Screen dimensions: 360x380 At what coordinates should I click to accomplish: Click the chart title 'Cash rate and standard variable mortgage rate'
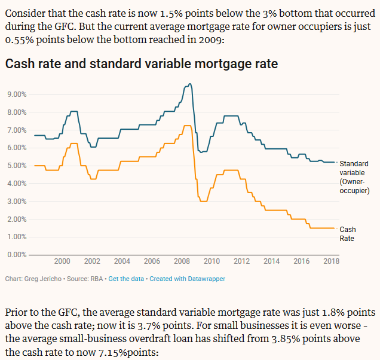tap(141, 64)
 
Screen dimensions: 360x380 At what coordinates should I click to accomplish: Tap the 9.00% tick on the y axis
tap(16, 94)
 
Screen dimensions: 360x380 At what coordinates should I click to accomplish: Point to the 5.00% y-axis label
tap(16, 166)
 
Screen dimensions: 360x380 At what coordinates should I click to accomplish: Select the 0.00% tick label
tap(16, 255)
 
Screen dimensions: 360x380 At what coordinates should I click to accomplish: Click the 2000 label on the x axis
tap(62, 261)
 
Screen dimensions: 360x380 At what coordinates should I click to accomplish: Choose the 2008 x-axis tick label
tap(182, 261)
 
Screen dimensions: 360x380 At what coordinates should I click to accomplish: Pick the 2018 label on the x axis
tap(331, 261)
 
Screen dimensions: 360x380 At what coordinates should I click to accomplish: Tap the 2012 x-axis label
tap(241, 261)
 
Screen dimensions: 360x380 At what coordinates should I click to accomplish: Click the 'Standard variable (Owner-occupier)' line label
tap(354, 177)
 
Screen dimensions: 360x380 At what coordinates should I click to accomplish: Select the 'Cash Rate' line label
tap(348, 234)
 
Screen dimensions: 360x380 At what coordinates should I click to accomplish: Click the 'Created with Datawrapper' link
tap(187, 279)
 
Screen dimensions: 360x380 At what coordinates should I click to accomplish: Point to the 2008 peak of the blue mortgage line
tap(189, 84)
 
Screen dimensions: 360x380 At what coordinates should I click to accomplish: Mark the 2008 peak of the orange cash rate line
tap(187, 126)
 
